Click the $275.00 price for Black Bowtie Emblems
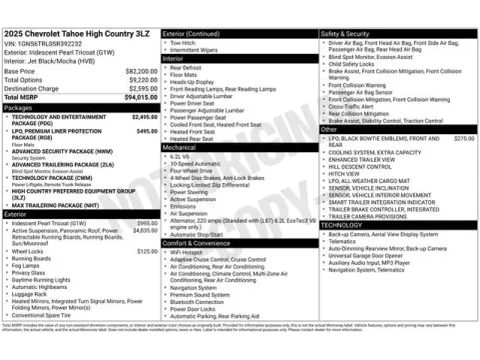463,138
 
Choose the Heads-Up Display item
192,81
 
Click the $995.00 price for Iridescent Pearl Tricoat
147,223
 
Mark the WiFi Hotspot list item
187,253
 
